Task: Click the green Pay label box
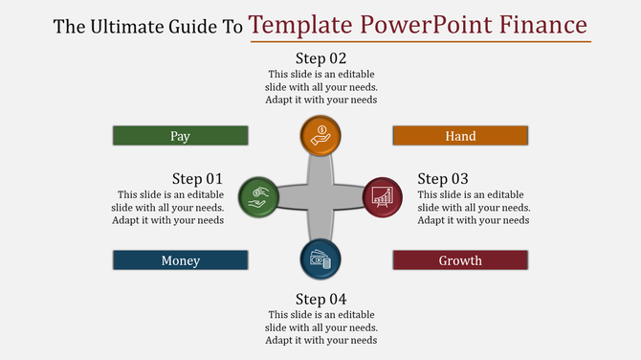tap(180, 136)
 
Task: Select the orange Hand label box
tap(460, 136)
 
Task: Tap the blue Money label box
tap(180, 260)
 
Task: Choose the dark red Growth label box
tap(460, 260)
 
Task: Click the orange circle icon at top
tap(320, 135)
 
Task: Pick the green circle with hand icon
tap(257, 196)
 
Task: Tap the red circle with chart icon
tap(382, 196)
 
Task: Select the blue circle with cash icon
tap(320, 259)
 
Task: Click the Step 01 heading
tap(197, 178)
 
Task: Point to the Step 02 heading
tap(320, 57)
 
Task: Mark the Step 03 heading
tap(443, 178)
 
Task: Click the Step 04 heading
tap(320, 299)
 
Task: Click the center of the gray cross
tap(320, 197)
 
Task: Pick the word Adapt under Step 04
tap(282, 340)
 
